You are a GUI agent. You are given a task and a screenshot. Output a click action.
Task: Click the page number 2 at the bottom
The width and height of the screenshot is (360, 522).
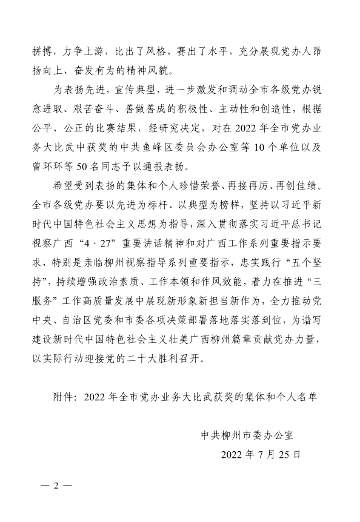(x=55, y=486)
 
